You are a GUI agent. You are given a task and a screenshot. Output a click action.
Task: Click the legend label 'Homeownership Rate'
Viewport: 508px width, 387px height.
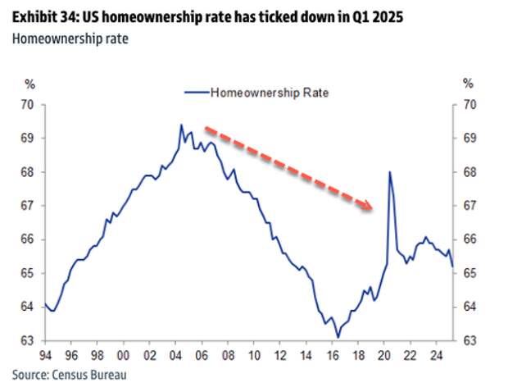pyautogui.click(x=270, y=93)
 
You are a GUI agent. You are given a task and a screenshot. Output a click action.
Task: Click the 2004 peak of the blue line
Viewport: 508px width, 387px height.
pyautogui.click(x=181, y=125)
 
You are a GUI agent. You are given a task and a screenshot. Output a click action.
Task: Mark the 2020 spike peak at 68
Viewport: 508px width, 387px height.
pyautogui.click(x=389, y=171)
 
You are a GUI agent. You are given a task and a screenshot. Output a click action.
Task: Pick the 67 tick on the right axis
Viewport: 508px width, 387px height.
pyautogui.click(x=469, y=206)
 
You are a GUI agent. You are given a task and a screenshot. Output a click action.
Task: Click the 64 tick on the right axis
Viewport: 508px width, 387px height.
pyautogui.click(x=469, y=307)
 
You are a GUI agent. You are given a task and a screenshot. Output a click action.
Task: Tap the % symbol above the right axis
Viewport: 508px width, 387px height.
pyautogui.click(x=469, y=83)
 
